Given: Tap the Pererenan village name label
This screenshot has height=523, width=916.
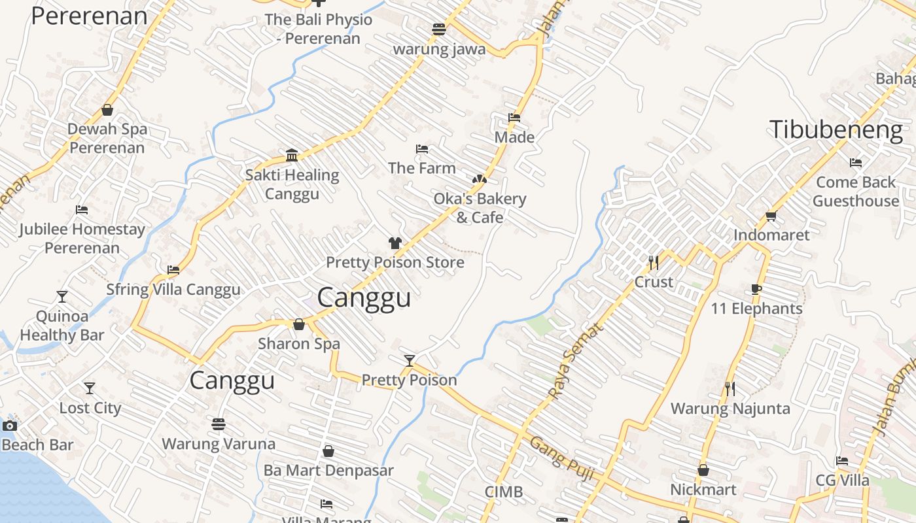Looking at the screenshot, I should (x=89, y=16).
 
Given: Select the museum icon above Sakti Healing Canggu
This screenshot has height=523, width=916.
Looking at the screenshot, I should (x=292, y=155).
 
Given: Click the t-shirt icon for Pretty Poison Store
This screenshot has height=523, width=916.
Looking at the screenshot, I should (x=395, y=243).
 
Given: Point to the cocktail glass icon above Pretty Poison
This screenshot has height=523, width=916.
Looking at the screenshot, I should (x=409, y=360).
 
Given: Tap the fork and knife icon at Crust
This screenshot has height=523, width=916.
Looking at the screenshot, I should (x=653, y=263).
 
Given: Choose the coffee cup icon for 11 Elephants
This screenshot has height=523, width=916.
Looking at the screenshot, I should (x=756, y=289).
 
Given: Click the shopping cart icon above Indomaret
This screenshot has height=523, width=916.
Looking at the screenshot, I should (x=771, y=216).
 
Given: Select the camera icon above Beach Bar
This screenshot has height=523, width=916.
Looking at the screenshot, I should (x=9, y=426).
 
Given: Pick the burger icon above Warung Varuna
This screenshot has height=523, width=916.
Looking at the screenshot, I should (x=219, y=425).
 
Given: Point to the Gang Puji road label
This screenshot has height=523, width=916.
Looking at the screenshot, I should (x=561, y=459).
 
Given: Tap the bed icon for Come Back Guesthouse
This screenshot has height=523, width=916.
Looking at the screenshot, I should (x=855, y=163).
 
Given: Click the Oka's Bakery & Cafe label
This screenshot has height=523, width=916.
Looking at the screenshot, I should (x=480, y=207).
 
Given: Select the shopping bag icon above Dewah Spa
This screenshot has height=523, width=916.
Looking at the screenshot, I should (x=107, y=110).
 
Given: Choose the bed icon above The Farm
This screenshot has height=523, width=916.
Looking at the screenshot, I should (x=422, y=150).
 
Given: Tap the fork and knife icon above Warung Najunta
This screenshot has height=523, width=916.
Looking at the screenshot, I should (x=730, y=389).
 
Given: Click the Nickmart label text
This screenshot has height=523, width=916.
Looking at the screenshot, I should (x=703, y=490).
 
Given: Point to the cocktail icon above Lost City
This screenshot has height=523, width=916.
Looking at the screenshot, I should (x=90, y=388).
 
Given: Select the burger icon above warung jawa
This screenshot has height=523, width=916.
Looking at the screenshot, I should (x=439, y=29).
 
